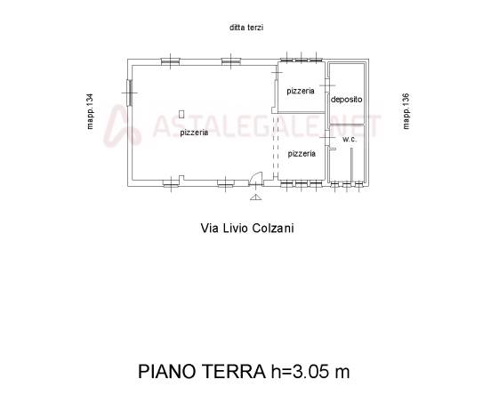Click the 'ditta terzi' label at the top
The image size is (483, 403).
246,28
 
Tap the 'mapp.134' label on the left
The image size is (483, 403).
90,111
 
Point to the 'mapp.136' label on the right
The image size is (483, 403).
406,111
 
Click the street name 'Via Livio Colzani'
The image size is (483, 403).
247,229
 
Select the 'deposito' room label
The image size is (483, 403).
347,100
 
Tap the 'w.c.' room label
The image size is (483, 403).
350,140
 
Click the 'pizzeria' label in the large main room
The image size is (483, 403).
194,133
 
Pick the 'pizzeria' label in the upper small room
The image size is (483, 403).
301,91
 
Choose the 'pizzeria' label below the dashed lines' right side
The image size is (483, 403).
302,153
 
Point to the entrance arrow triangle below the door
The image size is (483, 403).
255,197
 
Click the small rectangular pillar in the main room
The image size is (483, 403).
181,114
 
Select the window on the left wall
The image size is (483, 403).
129,93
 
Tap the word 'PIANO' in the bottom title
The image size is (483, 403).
167,371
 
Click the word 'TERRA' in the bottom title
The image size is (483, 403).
234,371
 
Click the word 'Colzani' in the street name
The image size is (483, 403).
273,229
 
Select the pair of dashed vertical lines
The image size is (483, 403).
276,146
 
